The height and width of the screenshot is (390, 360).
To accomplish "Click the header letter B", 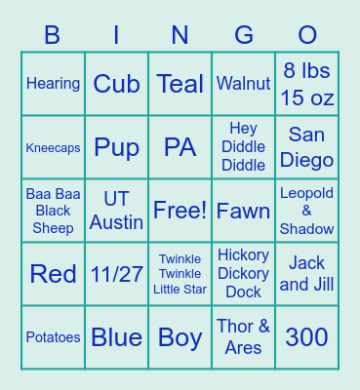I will (x=53, y=36).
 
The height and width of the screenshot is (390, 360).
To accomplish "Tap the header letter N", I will (x=180, y=36).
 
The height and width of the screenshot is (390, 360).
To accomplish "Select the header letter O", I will (x=307, y=36).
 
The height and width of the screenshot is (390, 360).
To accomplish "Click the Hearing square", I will (x=54, y=84).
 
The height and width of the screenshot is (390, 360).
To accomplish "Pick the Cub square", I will (x=117, y=84).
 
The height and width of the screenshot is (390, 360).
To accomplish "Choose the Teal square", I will (x=180, y=84).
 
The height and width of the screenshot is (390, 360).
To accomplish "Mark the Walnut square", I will (x=244, y=84).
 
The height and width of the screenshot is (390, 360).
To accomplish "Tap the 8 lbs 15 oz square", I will (x=307, y=84).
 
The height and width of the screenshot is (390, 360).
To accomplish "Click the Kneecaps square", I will (x=54, y=147).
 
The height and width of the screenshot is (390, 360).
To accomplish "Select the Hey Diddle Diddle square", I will (x=244, y=147).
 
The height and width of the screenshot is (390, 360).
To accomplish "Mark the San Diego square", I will (x=307, y=147).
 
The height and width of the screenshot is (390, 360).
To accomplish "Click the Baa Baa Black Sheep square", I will (x=54, y=211).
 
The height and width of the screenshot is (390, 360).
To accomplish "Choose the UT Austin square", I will (x=117, y=211).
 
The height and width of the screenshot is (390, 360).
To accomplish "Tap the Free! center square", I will (x=180, y=211).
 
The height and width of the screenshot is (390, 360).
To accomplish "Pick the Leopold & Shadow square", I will (x=307, y=211).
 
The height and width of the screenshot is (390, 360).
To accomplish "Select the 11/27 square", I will (x=117, y=274).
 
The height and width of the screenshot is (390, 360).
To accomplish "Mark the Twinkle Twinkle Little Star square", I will (x=180, y=274).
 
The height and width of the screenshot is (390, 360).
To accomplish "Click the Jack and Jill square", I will (x=307, y=274).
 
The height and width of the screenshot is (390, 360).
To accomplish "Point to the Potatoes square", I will (x=54, y=337).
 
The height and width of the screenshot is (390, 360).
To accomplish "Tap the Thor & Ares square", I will (x=244, y=337).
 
